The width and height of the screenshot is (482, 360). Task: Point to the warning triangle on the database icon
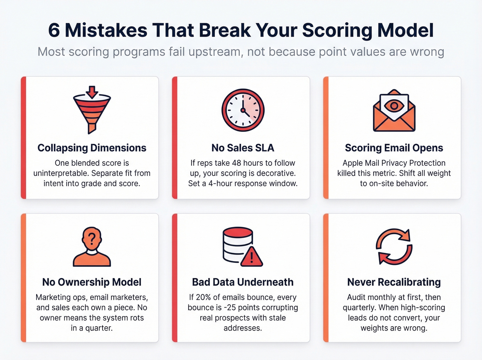click(252, 257)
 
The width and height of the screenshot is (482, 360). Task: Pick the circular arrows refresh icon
click(394, 246)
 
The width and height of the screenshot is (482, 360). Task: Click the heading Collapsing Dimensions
click(92, 148)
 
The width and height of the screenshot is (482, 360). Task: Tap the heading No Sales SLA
click(243, 148)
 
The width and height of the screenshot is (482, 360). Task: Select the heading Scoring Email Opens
click(394, 148)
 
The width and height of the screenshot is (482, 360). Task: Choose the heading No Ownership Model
click(92, 282)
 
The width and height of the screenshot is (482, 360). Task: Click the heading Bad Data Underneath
click(243, 282)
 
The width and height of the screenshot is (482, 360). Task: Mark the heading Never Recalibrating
click(394, 282)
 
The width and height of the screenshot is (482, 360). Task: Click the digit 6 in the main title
click(54, 30)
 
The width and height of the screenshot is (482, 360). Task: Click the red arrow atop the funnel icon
click(92, 91)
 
